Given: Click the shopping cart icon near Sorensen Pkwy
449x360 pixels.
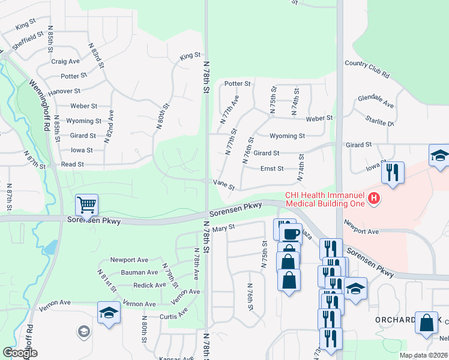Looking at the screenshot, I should [x=87, y=205].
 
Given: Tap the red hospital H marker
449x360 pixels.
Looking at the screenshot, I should [x=375, y=198].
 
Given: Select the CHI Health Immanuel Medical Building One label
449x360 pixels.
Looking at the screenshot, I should [x=325, y=199].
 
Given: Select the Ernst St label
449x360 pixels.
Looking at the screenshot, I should [x=272, y=169].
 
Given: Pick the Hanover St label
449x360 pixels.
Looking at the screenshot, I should [x=64, y=91].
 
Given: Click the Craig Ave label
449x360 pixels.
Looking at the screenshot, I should [x=65, y=61].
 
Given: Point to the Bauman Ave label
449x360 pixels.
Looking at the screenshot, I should [x=134, y=272].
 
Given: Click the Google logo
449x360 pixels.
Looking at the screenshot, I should [x=20, y=353].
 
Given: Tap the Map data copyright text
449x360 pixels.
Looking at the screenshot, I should [x=423, y=355].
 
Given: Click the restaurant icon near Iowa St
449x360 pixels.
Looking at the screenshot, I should [x=393, y=172].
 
